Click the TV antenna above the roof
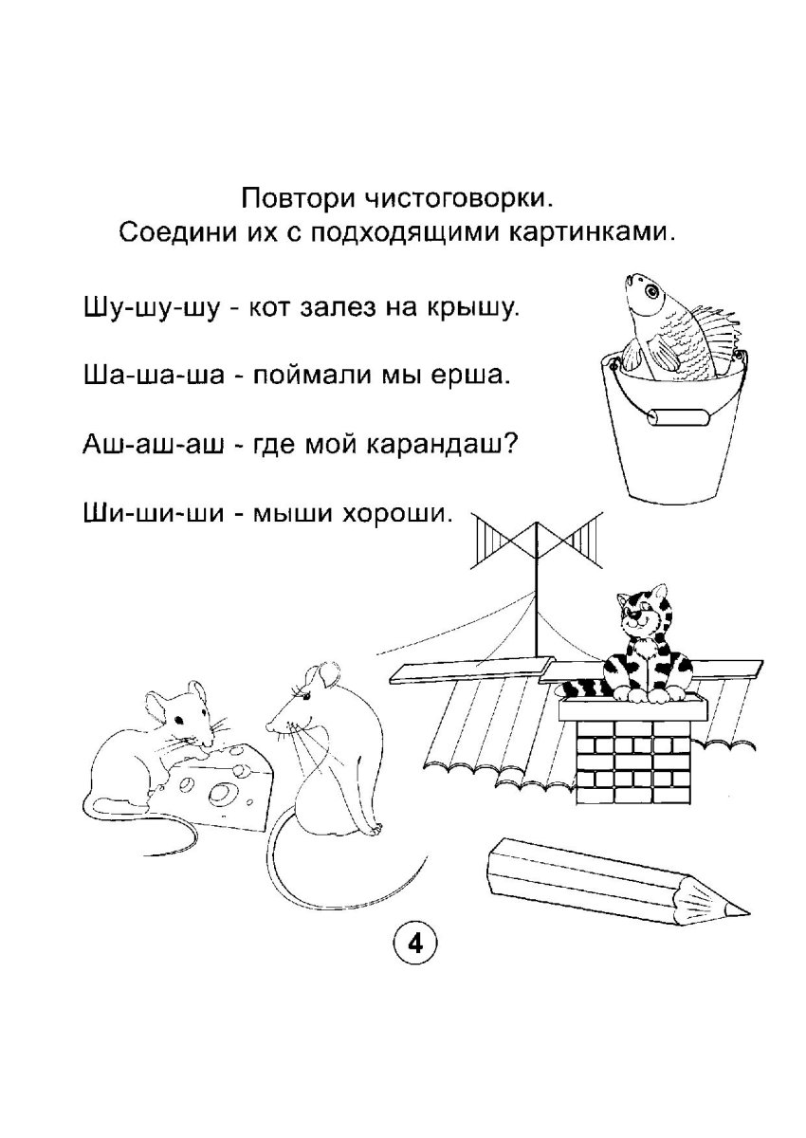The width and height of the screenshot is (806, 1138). (x=540, y=546)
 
